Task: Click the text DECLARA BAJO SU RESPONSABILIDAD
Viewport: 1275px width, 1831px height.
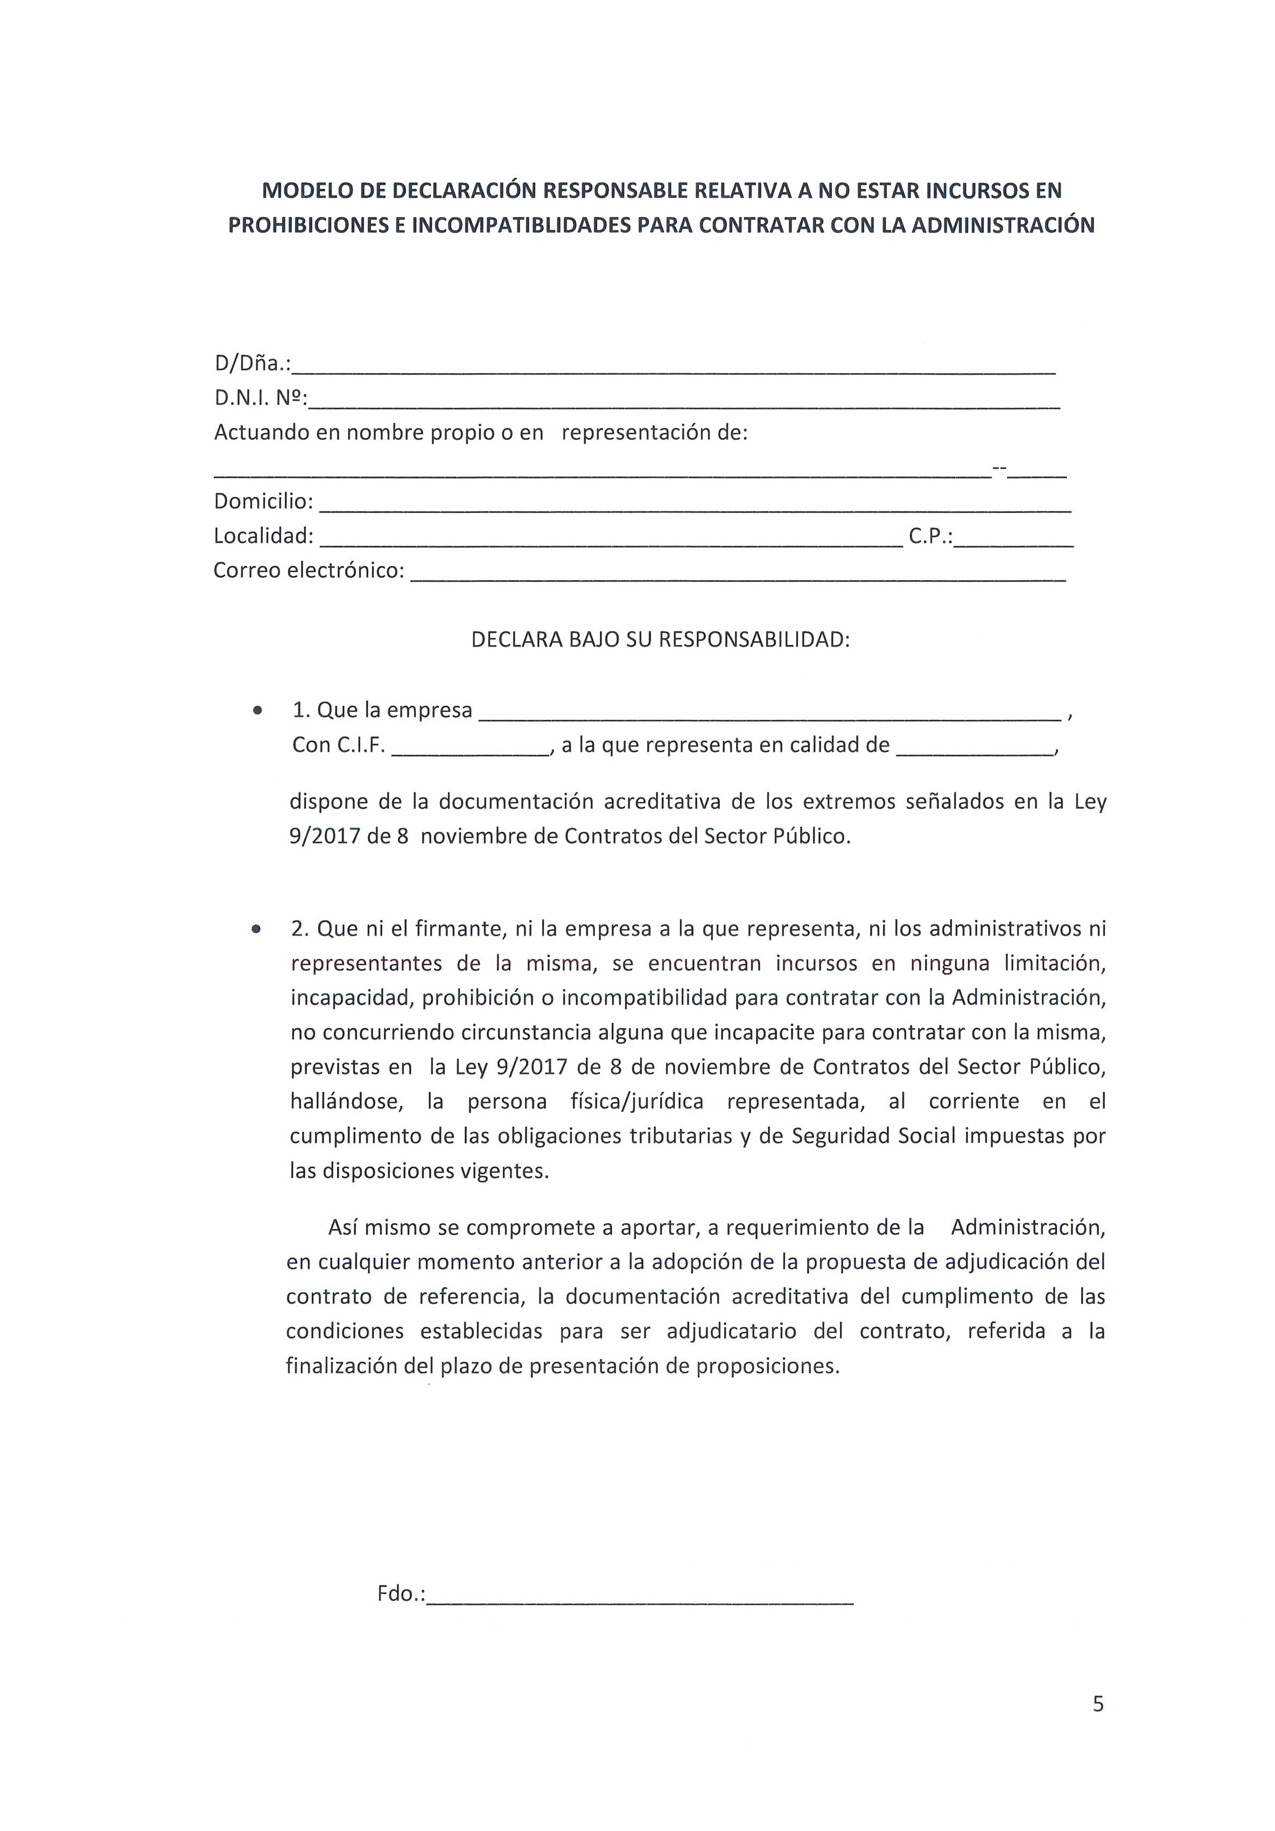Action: point(660,640)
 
